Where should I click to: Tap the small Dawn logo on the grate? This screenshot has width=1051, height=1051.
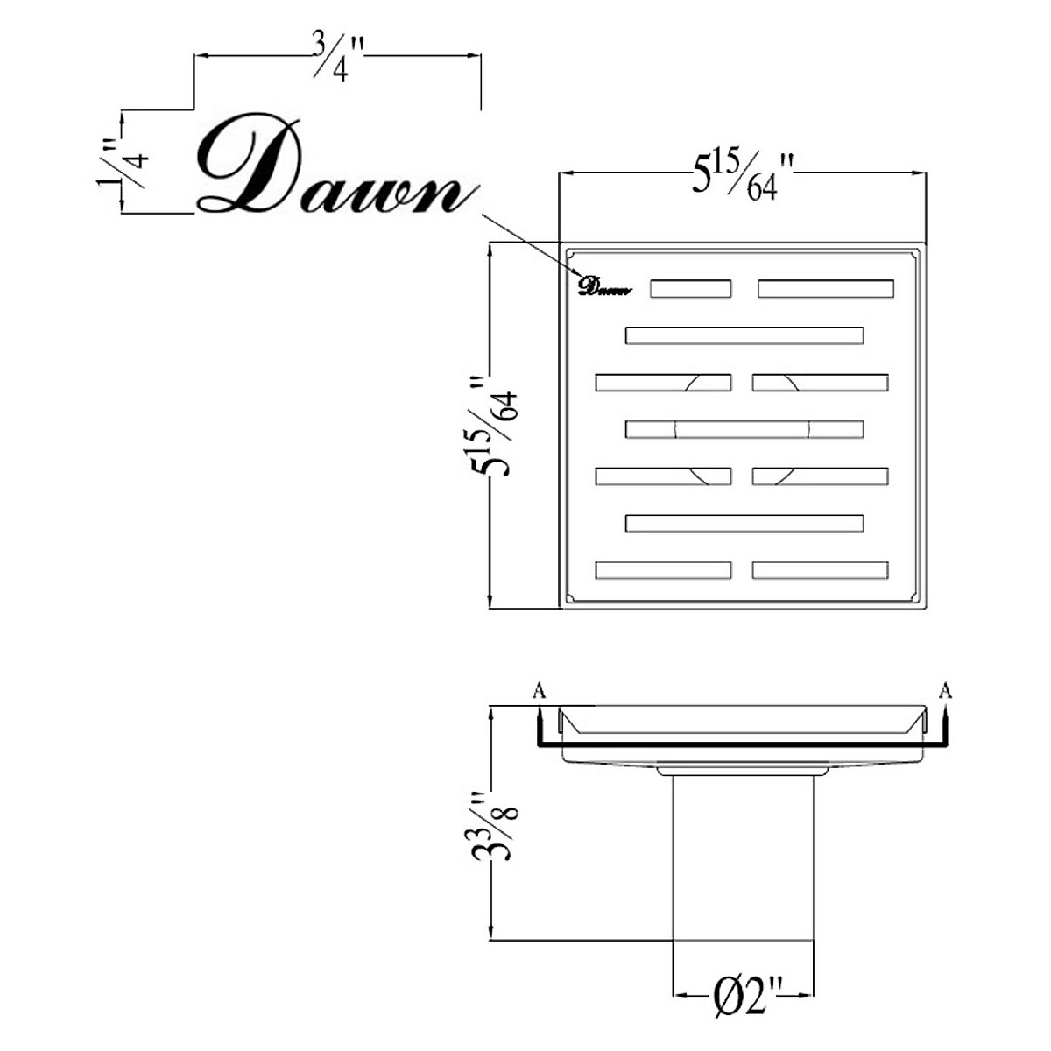[x=603, y=286]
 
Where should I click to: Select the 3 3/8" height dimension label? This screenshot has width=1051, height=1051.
[x=493, y=826]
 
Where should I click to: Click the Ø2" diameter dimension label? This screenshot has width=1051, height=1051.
[x=744, y=998]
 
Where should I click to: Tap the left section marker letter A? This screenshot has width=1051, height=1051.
[x=540, y=692]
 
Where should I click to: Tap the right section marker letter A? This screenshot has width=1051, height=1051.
[x=945, y=692]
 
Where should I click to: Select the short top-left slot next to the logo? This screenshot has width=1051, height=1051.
[x=690, y=289]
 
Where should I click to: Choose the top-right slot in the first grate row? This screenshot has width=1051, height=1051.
[x=825, y=289]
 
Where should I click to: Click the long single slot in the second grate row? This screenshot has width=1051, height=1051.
[x=744, y=335]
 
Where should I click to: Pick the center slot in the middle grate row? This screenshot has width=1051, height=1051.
[x=744, y=429]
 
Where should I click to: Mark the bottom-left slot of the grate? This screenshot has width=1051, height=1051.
[x=663, y=570]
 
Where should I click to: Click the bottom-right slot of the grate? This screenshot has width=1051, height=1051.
[x=820, y=570]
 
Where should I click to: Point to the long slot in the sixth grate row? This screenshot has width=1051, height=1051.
[x=744, y=524]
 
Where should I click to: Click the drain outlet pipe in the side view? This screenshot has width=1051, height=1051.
[x=744, y=858]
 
